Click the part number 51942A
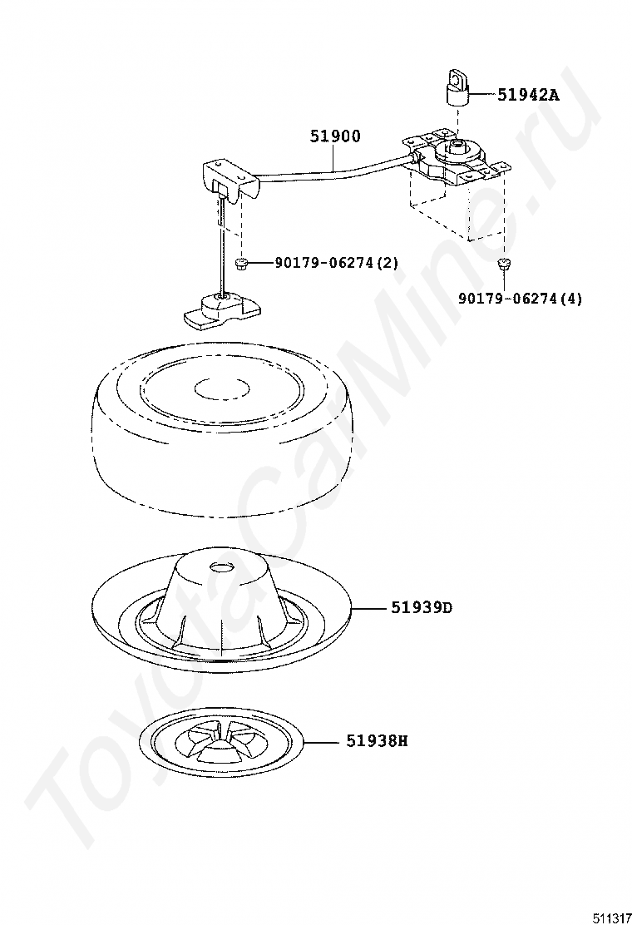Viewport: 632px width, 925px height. [528, 94]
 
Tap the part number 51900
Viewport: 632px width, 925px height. [335, 136]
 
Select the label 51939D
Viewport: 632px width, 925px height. [422, 607]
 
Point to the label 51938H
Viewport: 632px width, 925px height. [377, 740]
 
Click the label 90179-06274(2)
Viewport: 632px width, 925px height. [337, 263]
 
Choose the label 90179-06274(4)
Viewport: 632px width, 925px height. [521, 299]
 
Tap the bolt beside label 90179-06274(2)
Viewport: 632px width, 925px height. [240, 264]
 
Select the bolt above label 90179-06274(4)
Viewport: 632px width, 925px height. [503, 264]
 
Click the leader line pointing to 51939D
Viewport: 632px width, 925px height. [369, 607]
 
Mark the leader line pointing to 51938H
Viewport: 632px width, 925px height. [323, 740]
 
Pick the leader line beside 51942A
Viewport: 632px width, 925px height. [481, 94]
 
